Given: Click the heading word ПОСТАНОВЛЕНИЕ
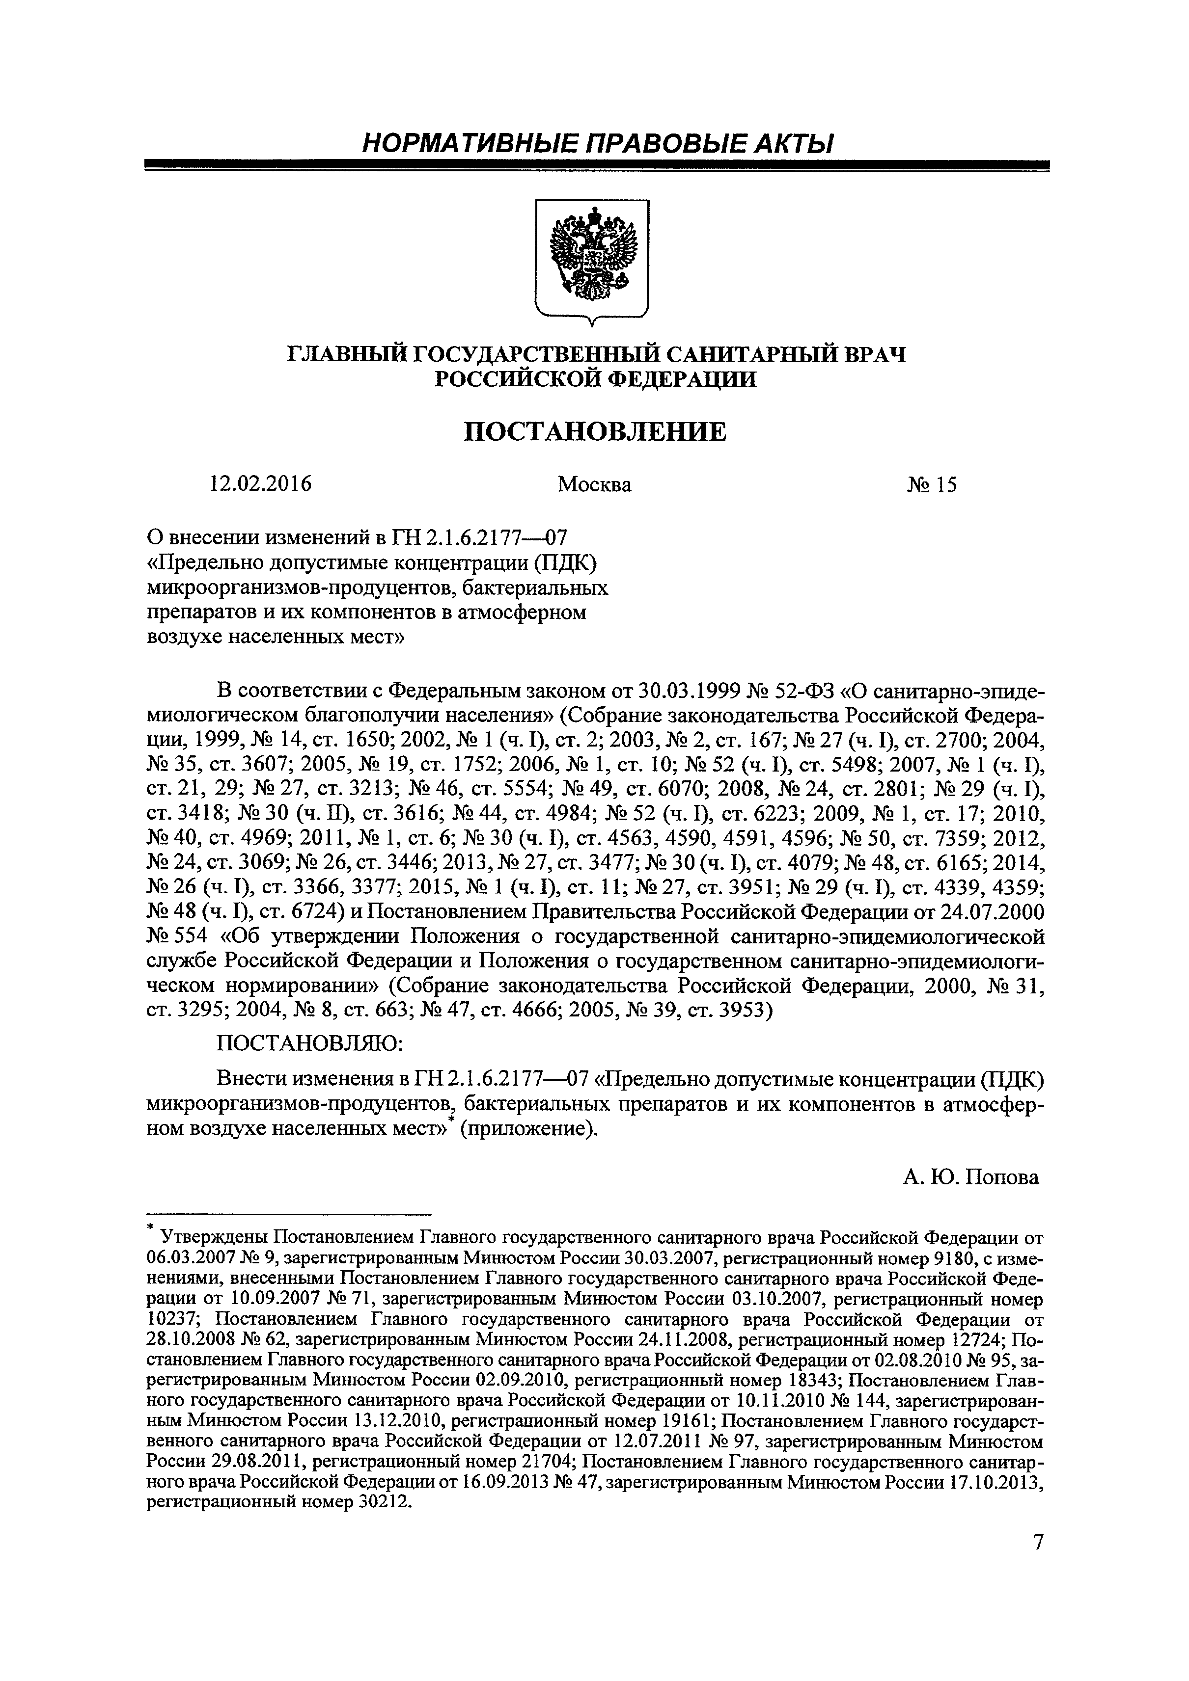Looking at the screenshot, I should (595, 432).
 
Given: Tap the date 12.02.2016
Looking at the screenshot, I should (260, 485).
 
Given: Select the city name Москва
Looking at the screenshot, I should (594, 485).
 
